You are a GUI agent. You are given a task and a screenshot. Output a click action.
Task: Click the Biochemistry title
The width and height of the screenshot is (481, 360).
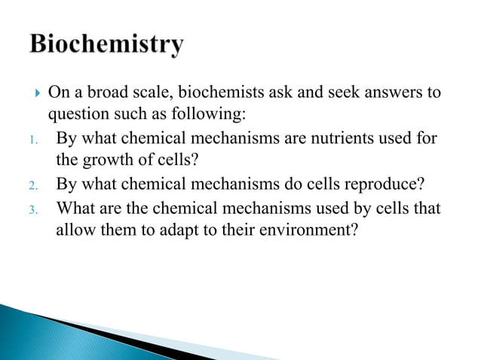107,44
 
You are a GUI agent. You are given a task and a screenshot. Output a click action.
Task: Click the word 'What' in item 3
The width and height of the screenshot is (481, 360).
78,207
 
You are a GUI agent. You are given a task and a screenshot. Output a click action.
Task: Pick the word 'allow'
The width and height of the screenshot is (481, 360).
76,230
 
